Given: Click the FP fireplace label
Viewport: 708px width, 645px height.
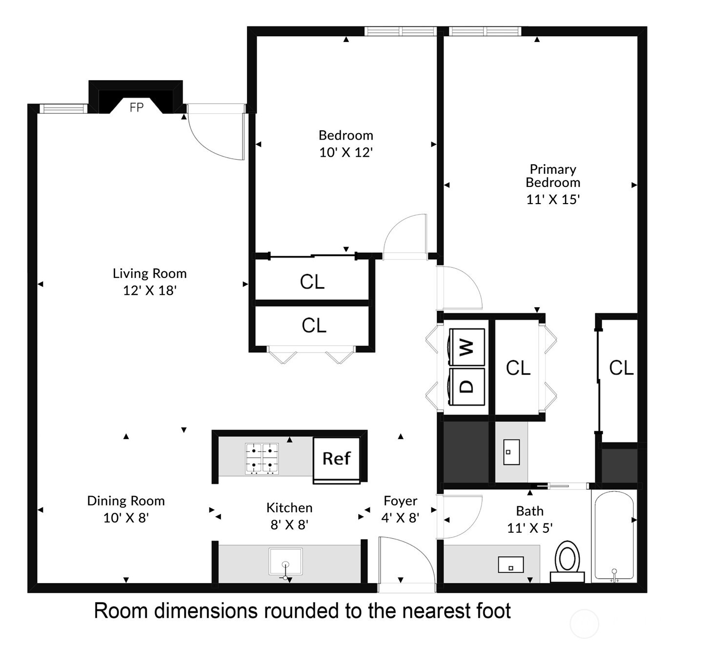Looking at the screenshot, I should tap(137, 107).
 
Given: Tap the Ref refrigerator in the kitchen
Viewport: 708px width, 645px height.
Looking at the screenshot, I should tap(337, 458).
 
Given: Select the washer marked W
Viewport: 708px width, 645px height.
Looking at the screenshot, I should tap(467, 347).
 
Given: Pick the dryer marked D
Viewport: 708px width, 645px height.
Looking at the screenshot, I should tap(467, 386).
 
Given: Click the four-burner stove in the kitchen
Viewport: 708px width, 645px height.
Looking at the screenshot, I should tap(262, 458).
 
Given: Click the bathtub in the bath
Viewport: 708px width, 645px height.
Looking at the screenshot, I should tap(614, 536).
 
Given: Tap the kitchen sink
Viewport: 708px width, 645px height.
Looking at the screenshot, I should tap(285, 562).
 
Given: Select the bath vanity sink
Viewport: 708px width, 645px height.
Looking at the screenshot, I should tap(510, 565).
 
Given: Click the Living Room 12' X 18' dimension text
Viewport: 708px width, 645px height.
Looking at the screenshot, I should tap(149, 291).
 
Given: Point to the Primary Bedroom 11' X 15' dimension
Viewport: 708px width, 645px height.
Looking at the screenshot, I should tap(553, 199).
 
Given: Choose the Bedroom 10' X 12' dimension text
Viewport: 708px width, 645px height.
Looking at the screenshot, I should tap(346, 152).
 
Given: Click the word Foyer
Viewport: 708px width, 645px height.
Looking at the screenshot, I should tap(400, 501).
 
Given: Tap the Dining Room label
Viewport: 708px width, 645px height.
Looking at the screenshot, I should tap(126, 501).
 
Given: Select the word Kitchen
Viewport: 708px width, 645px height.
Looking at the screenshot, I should tap(289, 508).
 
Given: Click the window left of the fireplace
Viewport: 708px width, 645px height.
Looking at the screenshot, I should tap(62, 108).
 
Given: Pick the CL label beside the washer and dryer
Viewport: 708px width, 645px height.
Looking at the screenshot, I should tap(518, 368).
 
